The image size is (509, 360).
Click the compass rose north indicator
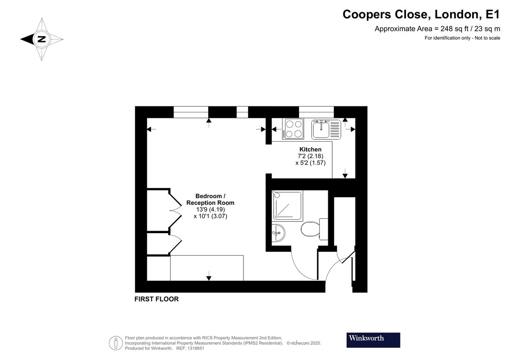42,39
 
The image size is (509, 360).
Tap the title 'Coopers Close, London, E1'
421,14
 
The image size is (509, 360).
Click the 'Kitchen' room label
310,149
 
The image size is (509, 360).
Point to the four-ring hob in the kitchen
294,129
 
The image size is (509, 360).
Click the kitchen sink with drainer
326,129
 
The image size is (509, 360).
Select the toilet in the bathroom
312,230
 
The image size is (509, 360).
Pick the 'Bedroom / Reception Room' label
210,199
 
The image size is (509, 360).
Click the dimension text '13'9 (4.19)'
210,209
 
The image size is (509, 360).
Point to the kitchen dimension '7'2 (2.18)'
310,156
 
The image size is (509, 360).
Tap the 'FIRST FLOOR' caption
157,299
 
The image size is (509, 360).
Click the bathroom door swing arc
301,267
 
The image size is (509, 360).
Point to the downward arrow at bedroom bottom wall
209,278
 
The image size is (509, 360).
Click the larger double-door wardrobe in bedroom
159,210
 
